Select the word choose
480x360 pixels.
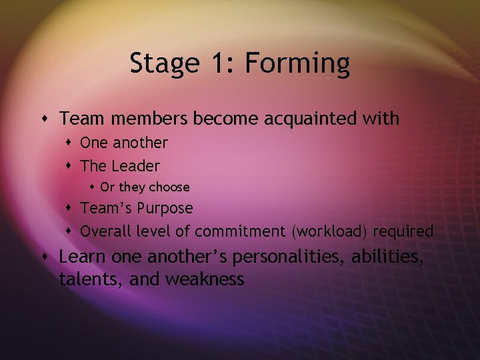pyautogui.click(x=169, y=187)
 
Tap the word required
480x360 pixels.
pyautogui.click(x=403, y=231)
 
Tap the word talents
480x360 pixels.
pyautogui.click(x=86, y=279)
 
